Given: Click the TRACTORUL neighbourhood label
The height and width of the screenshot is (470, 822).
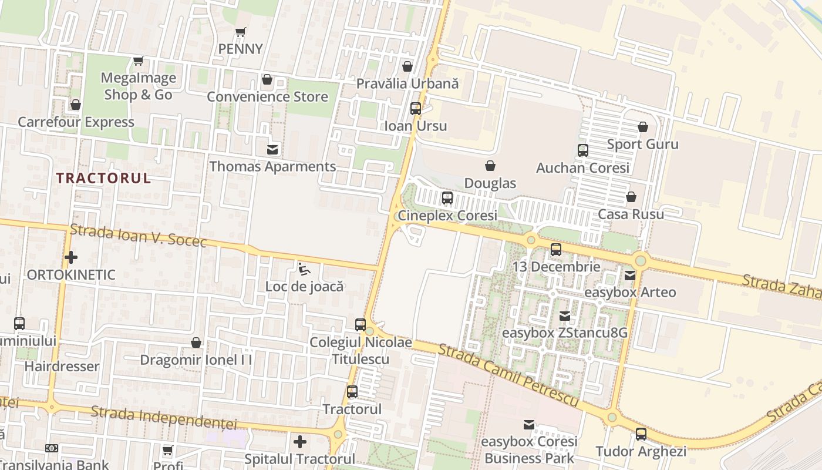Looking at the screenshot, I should [x=104, y=179].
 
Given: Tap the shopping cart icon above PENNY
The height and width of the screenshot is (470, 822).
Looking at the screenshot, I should [x=240, y=32].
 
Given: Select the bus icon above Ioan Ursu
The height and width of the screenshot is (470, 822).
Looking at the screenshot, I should [x=415, y=109].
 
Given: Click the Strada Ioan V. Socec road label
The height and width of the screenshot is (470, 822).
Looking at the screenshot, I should [x=138, y=235].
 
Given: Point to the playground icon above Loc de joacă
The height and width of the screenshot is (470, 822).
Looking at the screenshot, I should [x=304, y=269].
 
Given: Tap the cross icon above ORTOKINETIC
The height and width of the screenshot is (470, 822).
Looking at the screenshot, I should [x=71, y=257].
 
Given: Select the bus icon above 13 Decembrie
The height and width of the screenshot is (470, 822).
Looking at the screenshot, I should [x=555, y=250].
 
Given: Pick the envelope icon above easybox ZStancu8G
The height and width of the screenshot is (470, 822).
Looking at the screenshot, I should [x=564, y=316].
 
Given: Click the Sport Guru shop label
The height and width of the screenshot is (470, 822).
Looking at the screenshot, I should [x=642, y=144].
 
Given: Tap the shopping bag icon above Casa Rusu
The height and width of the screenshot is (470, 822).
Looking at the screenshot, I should [x=631, y=197].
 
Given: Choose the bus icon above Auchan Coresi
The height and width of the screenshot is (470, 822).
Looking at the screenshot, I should [x=582, y=150].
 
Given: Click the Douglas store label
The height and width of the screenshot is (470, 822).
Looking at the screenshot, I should [x=490, y=183].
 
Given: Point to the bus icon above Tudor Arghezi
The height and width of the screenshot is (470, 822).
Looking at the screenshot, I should [x=641, y=434].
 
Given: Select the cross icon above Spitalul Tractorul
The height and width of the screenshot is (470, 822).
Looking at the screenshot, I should [x=300, y=441].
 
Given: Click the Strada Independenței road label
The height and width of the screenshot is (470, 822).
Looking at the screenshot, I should [x=164, y=418].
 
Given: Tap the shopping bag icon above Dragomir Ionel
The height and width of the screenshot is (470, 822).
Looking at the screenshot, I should [x=196, y=343].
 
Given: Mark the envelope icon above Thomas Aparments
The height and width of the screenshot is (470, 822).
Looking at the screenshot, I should [x=272, y=149].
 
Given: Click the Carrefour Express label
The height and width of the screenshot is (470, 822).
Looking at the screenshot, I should [x=76, y=122].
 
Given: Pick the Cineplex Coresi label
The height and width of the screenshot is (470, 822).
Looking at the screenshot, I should [x=447, y=216].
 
